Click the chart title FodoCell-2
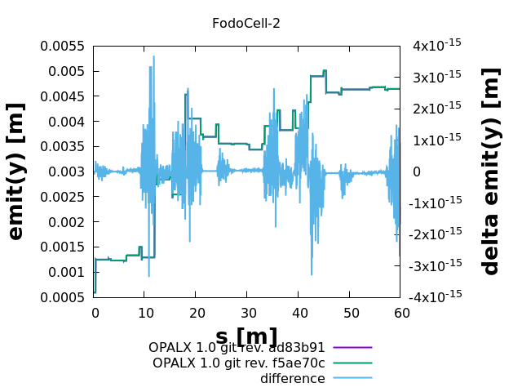pyautogui.click(x=246, y=23)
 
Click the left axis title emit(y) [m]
pyautogui.click(x=15, y=171)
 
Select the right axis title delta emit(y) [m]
pyautogui.click(x=490, y=171)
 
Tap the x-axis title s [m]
pyautogui.click(x=246, y=336)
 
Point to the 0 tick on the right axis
pyautogui.click(x=416, y=171)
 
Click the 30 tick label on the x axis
pyautogui.click(x=246, y=313)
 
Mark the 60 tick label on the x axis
pyautogui.click(x=400, y=313)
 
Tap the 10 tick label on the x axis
pyautogui.click(x=144, y=313)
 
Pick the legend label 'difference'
pyautogui.click(x=292, y=378)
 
